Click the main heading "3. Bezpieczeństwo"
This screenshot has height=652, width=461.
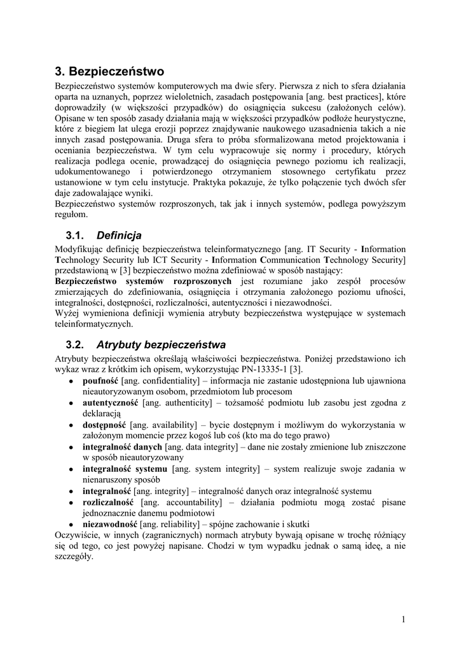pyautogui.click(x=109, y=71)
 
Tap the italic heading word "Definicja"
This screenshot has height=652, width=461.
pyautogui.click(x=119, y=236)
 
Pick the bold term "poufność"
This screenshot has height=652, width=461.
pyautogui.click(x=101, y=380)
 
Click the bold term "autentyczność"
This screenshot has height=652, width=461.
pyautogui.click(x=110, y=402)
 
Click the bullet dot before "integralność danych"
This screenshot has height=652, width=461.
pyautogui.click(x=71, y=448)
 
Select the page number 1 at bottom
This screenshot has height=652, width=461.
pyautogui.click(x=404, y=619)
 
